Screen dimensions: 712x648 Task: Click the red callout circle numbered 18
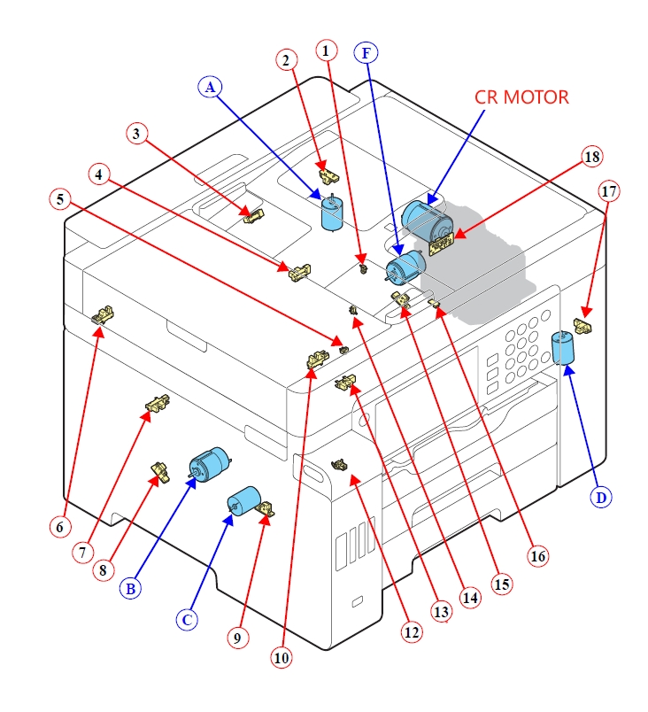(591, 157)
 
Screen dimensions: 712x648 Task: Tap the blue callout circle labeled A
(210, 87)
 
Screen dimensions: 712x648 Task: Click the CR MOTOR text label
(521, 97)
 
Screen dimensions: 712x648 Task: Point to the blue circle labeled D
(602, 498)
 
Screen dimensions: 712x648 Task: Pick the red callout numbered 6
(59, 526)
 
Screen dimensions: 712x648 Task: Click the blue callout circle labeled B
(131, 587)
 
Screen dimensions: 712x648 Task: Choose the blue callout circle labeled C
(187, 620)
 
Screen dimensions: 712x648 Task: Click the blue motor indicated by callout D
(563, 347)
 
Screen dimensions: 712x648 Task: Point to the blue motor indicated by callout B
(209, 463)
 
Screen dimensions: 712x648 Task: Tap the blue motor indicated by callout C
(241, 500)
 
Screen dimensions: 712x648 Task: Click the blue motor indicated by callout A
(333, 213)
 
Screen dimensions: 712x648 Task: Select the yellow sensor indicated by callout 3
(254, 214)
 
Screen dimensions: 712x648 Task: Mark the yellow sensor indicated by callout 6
(104, 314)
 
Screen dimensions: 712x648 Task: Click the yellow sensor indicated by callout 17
(583, 324)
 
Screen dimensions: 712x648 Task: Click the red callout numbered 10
(282, 658)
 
